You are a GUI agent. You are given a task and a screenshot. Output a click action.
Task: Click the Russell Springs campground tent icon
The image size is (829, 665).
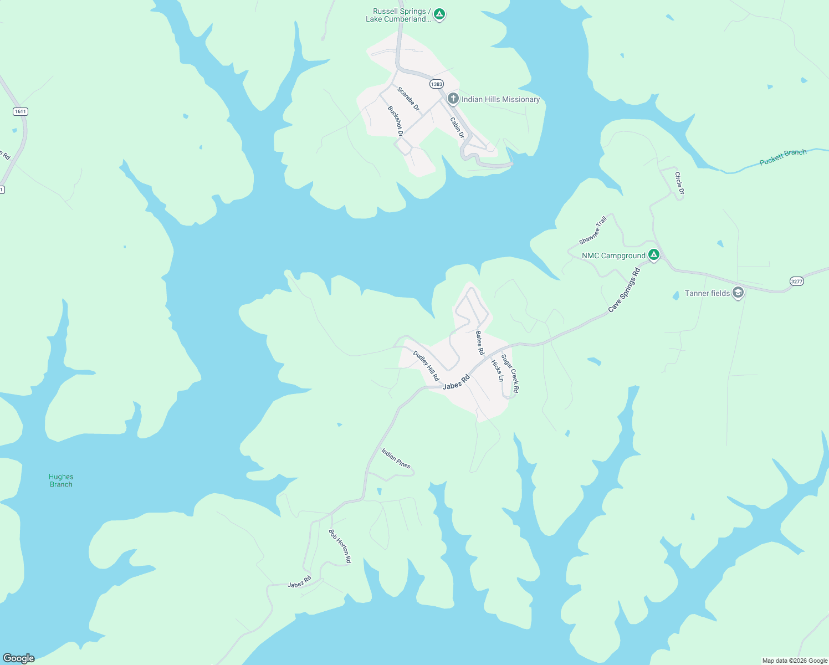click(x=439, y=14)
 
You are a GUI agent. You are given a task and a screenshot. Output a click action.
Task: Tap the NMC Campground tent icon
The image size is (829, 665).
click(x=654, y=255)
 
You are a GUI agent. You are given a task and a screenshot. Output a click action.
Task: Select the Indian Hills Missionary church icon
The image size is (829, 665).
click(x=453, y=99)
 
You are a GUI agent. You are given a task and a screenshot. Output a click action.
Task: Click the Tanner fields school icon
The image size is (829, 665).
click(x=738, y=293)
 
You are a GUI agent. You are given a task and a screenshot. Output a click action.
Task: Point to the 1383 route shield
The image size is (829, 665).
click(x=437, y=84)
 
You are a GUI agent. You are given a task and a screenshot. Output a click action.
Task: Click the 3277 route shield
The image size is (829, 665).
click(x=796, y=282)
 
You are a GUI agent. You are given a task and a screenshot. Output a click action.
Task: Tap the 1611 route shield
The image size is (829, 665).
click(x=21, y=111)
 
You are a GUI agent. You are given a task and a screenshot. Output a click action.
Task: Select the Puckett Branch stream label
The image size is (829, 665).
click(x=782, y=157)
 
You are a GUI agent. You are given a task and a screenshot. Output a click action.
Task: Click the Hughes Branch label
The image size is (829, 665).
click(x=61, y=480)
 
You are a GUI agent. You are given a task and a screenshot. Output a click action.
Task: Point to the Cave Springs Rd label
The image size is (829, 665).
click(x=624, y=290)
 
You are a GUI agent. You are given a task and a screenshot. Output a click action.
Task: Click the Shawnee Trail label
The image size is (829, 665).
click(x=593, y=231)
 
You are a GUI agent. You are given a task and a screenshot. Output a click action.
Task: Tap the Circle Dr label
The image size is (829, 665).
click(x=679, y=183)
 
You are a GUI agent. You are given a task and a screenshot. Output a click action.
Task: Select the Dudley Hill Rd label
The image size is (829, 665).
click(x=426, y=366)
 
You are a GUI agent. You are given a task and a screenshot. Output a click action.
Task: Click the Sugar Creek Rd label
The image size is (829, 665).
click(x=510, y=374)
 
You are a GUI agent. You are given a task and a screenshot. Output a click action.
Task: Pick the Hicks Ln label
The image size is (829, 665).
click(x=498, y=371)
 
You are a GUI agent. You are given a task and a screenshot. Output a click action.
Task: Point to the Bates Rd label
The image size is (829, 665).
click(x=480, y=343)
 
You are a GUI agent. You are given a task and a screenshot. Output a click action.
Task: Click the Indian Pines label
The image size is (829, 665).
click(x=396, y=458)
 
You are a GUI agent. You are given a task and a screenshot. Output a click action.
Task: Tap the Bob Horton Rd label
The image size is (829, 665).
click(x=340, y=546)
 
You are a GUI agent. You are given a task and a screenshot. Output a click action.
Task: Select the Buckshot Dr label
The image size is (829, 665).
click(x=395, y=121)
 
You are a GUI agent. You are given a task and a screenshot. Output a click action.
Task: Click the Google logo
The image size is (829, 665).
click(x=19, y=658)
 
